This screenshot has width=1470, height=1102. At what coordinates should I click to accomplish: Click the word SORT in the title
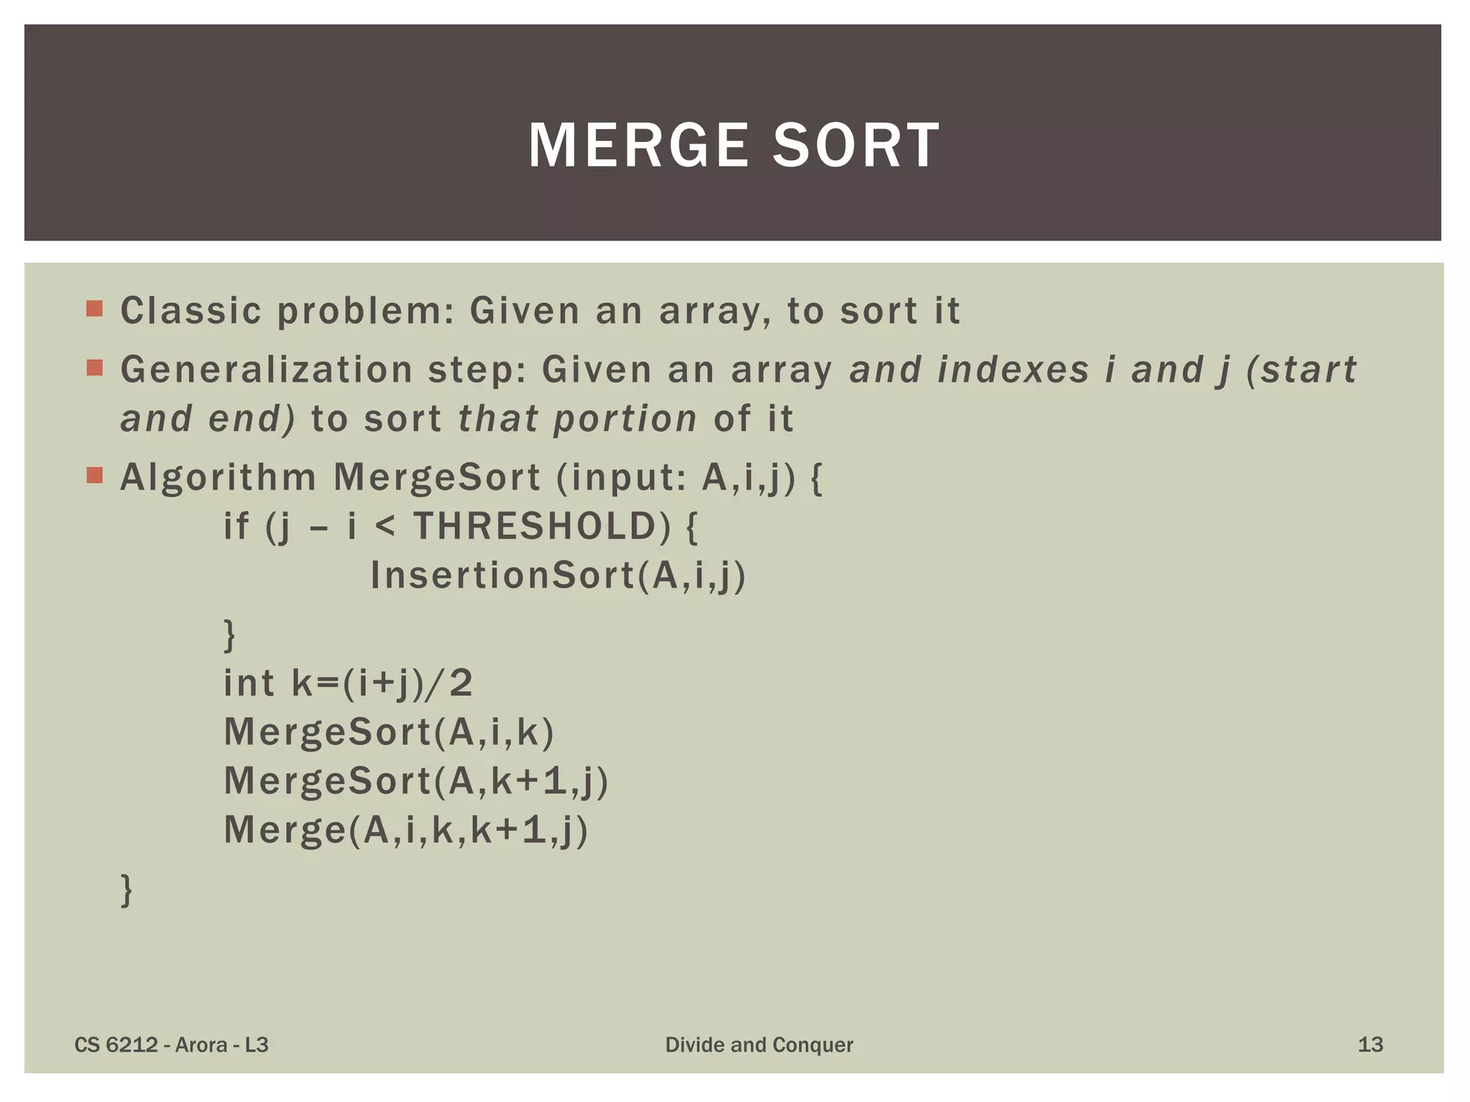[856, 146]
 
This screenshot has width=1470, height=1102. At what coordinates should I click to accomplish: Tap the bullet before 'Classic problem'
[94, 309]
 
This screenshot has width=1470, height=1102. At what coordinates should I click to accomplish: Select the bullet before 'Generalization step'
[94, 368]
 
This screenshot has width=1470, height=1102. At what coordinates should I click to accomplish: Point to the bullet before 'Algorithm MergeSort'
[94, 476]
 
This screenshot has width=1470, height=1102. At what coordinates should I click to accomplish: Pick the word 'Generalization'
[266, 370]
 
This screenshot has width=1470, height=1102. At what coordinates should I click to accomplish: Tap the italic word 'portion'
[625, 419]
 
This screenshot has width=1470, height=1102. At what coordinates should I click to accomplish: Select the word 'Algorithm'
[218, 478]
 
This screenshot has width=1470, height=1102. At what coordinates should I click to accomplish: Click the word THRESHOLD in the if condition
[535, 527]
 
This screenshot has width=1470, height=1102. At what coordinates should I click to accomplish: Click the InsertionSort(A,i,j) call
[558, 576]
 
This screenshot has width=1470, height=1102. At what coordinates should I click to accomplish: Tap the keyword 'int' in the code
[248, 683]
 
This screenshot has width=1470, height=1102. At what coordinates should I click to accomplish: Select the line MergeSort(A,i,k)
[389, 733]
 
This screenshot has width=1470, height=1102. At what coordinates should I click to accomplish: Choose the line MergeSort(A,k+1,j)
[416, 781]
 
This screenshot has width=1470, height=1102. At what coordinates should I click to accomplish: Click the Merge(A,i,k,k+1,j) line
[406, 831]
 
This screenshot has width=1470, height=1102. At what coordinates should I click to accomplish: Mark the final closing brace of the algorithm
[126, 890]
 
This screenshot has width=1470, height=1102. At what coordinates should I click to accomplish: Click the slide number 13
[1370, 1045]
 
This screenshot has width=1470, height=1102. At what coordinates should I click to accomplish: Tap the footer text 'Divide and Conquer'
[759, 1045]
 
